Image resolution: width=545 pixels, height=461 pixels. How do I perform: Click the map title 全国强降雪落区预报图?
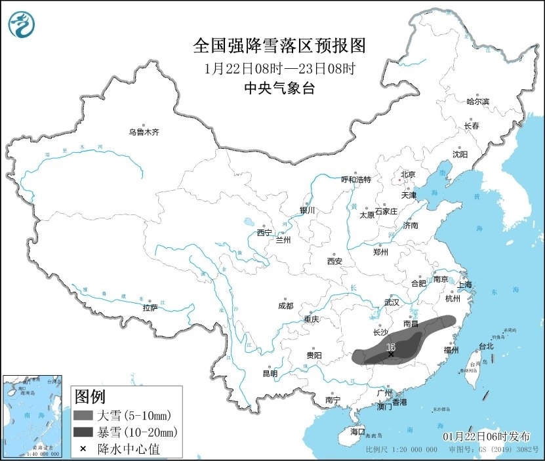[x=279, y=46]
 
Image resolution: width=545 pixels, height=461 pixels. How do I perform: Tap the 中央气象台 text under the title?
[x=279, y=89]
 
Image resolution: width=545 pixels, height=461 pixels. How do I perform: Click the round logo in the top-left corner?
[x=22, y=24]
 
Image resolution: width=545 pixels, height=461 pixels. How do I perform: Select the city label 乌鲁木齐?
[x=144, y=132]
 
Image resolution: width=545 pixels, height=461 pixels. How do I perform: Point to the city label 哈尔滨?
[x=477, y=102]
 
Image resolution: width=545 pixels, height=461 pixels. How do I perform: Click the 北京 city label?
[x=408, y=174]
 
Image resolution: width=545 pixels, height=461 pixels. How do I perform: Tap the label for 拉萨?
[x=150, y=307]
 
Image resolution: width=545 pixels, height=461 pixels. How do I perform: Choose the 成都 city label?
[x=285, y=306]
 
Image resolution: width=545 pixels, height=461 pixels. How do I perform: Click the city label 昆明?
[x=270, y=373]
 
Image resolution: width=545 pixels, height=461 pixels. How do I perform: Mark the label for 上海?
[x=464, y=285]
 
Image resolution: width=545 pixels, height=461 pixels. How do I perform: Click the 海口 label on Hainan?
[x=357, y=431]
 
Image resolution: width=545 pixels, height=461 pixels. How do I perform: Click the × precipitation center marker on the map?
[x=392, y=355]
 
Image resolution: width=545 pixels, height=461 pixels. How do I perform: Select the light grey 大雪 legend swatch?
[x=83, y=415]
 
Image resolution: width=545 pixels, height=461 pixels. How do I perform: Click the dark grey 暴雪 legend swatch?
[x=83, y=432]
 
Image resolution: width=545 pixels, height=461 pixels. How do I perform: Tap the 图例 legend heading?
[x=89, y=397]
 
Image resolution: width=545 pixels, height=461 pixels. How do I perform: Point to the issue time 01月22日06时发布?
[x=490, y=436]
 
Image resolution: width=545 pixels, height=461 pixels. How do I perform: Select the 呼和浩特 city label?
[x=356, y=180]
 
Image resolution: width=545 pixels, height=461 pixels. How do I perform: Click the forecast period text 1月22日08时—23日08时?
[x=279, y=68]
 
